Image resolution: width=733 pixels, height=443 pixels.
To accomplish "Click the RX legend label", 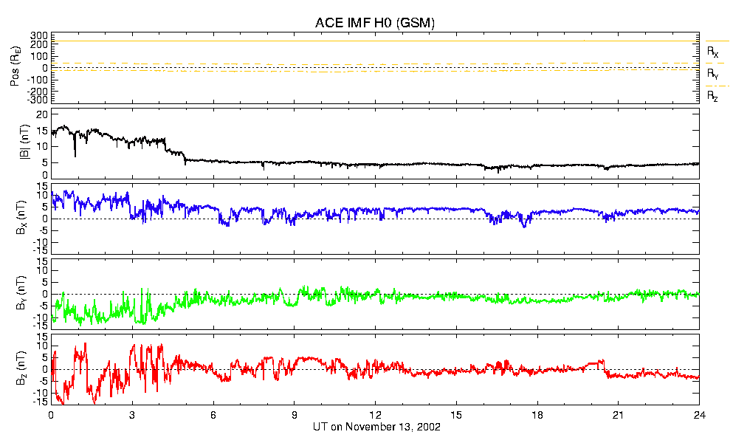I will pyautogui.click(x=713, y=52).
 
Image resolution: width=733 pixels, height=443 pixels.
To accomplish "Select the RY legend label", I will pyautogui.click(x=713, y=74).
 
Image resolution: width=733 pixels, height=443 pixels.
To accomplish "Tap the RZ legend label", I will pyautogui.click(x=713, y=96).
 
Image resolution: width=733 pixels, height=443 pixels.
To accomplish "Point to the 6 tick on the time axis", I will pyautogui.click(x=213, y=416).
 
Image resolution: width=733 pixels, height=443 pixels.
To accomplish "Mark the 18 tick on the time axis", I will pyautogui.click(x=537, y=416).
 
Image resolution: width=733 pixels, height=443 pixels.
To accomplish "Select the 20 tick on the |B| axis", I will pyautogui.click(x=42, y=115).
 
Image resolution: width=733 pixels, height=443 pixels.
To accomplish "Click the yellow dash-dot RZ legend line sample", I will pyautogui.click(x=717, y=86).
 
